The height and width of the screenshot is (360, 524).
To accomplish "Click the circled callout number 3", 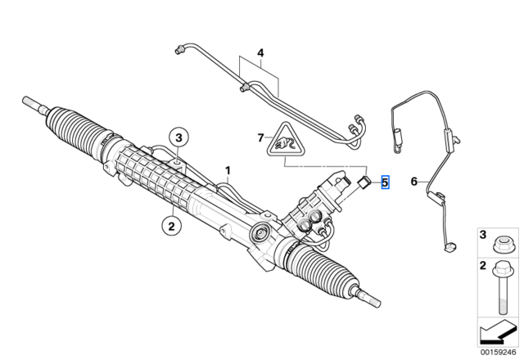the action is pos(178,137).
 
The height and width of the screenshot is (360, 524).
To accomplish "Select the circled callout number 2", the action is pos(171,227).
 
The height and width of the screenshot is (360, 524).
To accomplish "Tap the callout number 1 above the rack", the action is pos(228,171).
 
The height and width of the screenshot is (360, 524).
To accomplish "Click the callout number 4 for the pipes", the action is pos(260,52).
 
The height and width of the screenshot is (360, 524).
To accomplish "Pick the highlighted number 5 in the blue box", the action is pos(385,182).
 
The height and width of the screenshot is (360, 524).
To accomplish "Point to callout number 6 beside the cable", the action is pos(414,182).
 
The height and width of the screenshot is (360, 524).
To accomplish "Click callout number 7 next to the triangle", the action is pos(260,137).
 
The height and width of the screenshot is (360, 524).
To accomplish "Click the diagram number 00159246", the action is pos(499,353).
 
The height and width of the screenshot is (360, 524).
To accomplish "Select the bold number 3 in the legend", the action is pos(483,235).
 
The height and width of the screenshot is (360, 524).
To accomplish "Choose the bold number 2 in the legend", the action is pos(483,265).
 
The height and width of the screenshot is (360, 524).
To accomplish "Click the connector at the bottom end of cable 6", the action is pos(450,247).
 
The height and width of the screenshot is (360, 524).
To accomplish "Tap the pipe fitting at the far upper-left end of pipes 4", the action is pos(180,50).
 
